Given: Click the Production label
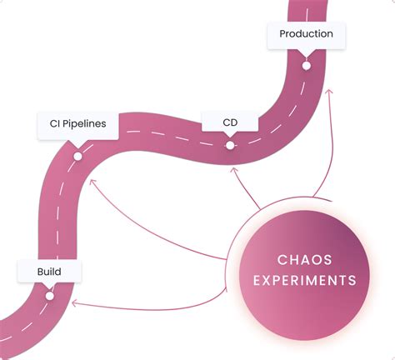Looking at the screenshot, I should pyautogui.click(x=306, y=34).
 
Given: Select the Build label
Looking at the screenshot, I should pyautogui.click(x=48, y=272).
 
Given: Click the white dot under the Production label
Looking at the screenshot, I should pyautogui.click(x=306, y=65).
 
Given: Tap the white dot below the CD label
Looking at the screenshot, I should pyautogui.click(x=229, y=145).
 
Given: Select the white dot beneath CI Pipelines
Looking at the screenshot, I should pyautogui.click(x=77, y=155).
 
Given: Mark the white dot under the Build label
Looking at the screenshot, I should pyautogui.click(x=49, y=295).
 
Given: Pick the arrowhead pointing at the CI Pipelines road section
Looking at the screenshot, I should pyautogui.click(x=92, y=177).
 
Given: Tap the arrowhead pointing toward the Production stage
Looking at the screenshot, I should pyautogui.click(x=330, y=92).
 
